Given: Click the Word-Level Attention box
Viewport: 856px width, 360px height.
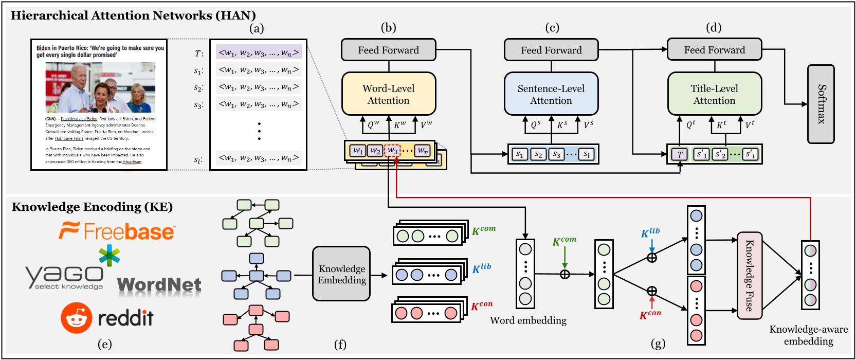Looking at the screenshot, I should click(389, 94).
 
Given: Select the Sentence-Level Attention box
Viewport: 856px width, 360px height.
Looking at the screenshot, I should click(551, 94).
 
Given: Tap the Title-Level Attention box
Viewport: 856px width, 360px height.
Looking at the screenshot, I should click(714, 94).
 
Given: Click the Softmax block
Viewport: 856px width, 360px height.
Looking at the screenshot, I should click(821, 104).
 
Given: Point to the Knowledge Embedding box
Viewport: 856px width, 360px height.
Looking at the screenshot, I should click(341, 274).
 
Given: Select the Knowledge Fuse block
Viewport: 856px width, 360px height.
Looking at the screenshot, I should click(749, 275).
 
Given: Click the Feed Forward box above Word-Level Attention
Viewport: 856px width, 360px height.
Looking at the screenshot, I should click(389, 50).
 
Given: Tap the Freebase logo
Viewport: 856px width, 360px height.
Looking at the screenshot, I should click(117, 231).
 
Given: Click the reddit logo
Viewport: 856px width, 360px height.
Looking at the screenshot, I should click(107, 318).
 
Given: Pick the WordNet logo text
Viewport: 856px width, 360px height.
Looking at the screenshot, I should click(159, 284).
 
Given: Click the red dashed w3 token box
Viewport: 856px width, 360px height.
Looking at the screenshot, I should click(392, 151).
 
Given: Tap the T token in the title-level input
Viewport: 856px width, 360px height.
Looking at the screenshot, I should click(680, 154).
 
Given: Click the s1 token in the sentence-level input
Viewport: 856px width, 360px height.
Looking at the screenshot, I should click(520, 154).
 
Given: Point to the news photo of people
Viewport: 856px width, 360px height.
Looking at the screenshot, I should click(100, 87).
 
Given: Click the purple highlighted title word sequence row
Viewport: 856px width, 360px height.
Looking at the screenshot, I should click(258, 52).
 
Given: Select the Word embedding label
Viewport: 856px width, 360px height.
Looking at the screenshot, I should click(528, 320).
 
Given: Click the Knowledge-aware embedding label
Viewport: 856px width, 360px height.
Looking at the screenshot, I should click(808, 335).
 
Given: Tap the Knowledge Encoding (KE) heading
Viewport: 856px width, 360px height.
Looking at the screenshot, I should click(92, 207).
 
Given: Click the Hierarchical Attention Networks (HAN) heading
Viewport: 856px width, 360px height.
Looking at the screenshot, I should click(133, 15).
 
